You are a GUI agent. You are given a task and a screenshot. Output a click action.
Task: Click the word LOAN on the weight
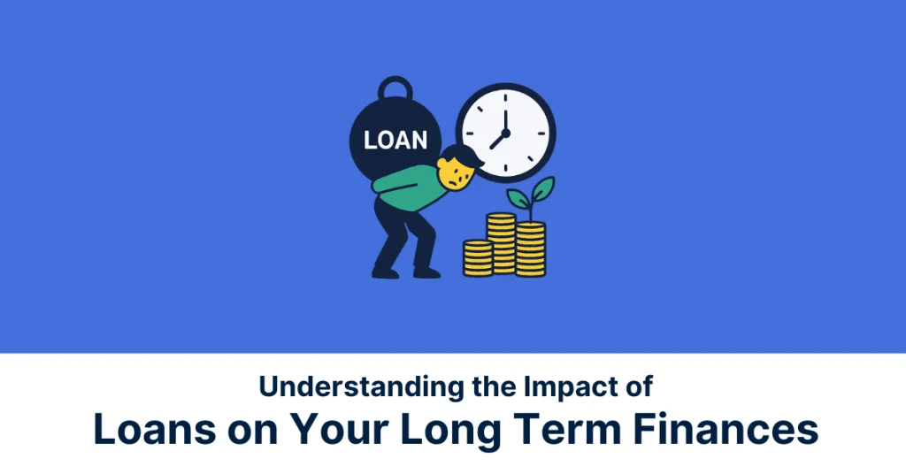tap(395, 140)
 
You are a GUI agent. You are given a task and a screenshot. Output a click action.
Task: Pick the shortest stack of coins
tap(478, 257)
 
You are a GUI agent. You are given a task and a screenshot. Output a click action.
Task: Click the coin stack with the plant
tap(530, 249)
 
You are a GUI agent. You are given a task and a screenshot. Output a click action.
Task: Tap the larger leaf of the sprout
tap(541, 187)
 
